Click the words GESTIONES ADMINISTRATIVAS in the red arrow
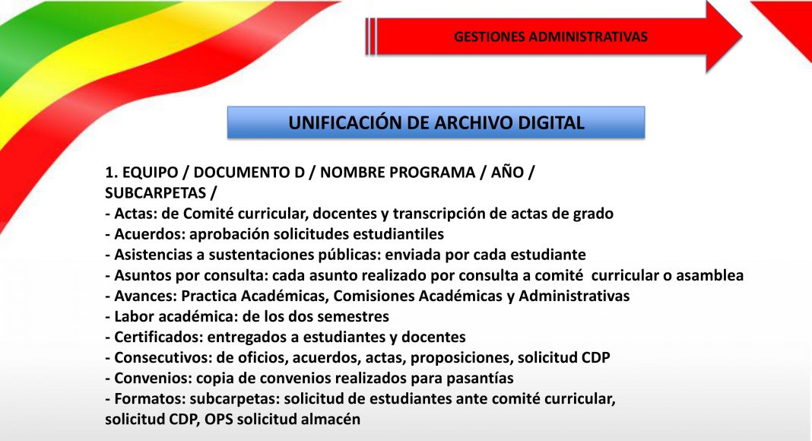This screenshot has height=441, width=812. (550, 36)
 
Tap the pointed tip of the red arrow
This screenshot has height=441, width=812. (742, 36)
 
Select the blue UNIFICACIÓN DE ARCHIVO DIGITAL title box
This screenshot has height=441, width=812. (436, 122)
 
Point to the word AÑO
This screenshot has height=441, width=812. (508, 173)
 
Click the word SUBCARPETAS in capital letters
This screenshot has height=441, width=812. (155, 193)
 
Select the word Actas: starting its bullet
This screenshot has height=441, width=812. (135, 214)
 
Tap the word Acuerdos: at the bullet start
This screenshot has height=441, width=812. (150, 234)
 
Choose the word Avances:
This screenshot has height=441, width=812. (145, 296)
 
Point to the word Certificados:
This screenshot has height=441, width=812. (158, 338)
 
